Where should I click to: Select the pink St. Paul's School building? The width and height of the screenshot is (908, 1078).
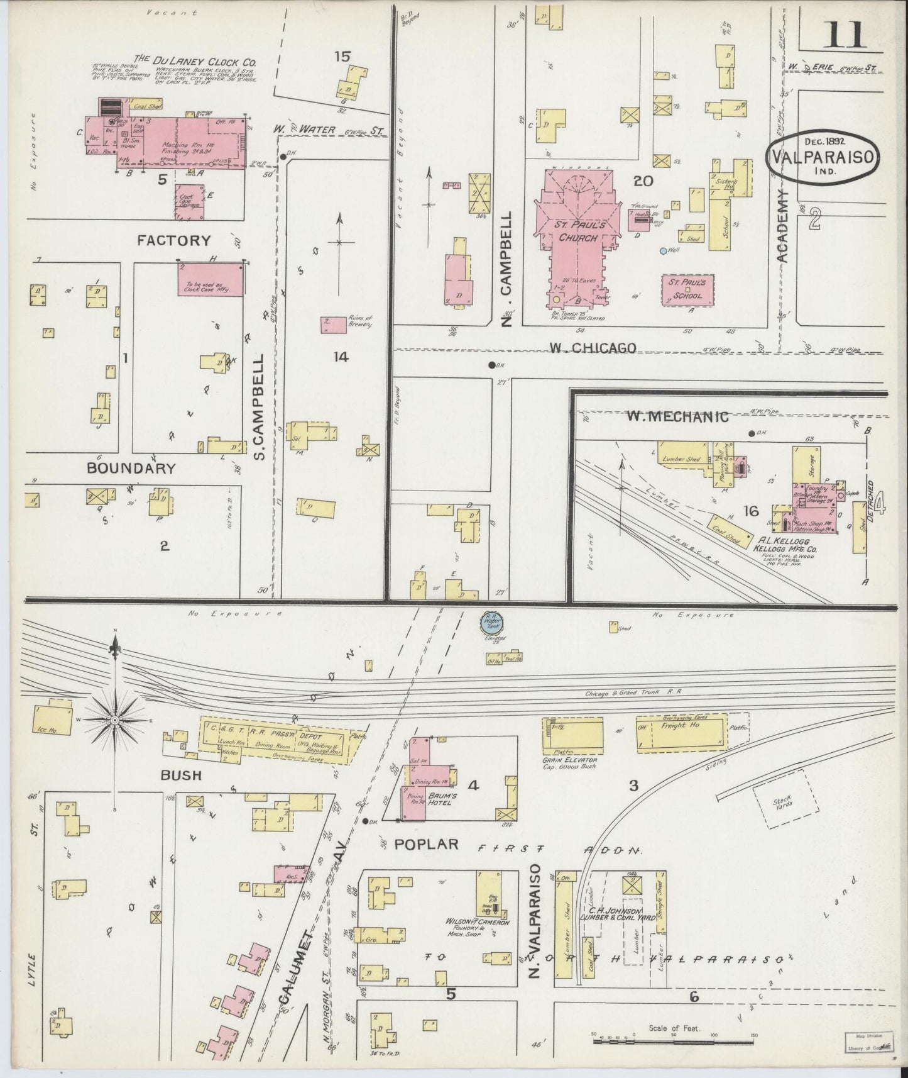[690, 289]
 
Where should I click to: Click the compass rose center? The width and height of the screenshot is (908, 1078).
[115, 718]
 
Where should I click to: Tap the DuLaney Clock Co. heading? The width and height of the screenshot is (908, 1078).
[205, 61]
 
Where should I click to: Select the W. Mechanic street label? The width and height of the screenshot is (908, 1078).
[677, 416]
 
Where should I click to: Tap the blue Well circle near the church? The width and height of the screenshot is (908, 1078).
[662, 251]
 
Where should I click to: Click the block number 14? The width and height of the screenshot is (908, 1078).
[341, 357]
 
